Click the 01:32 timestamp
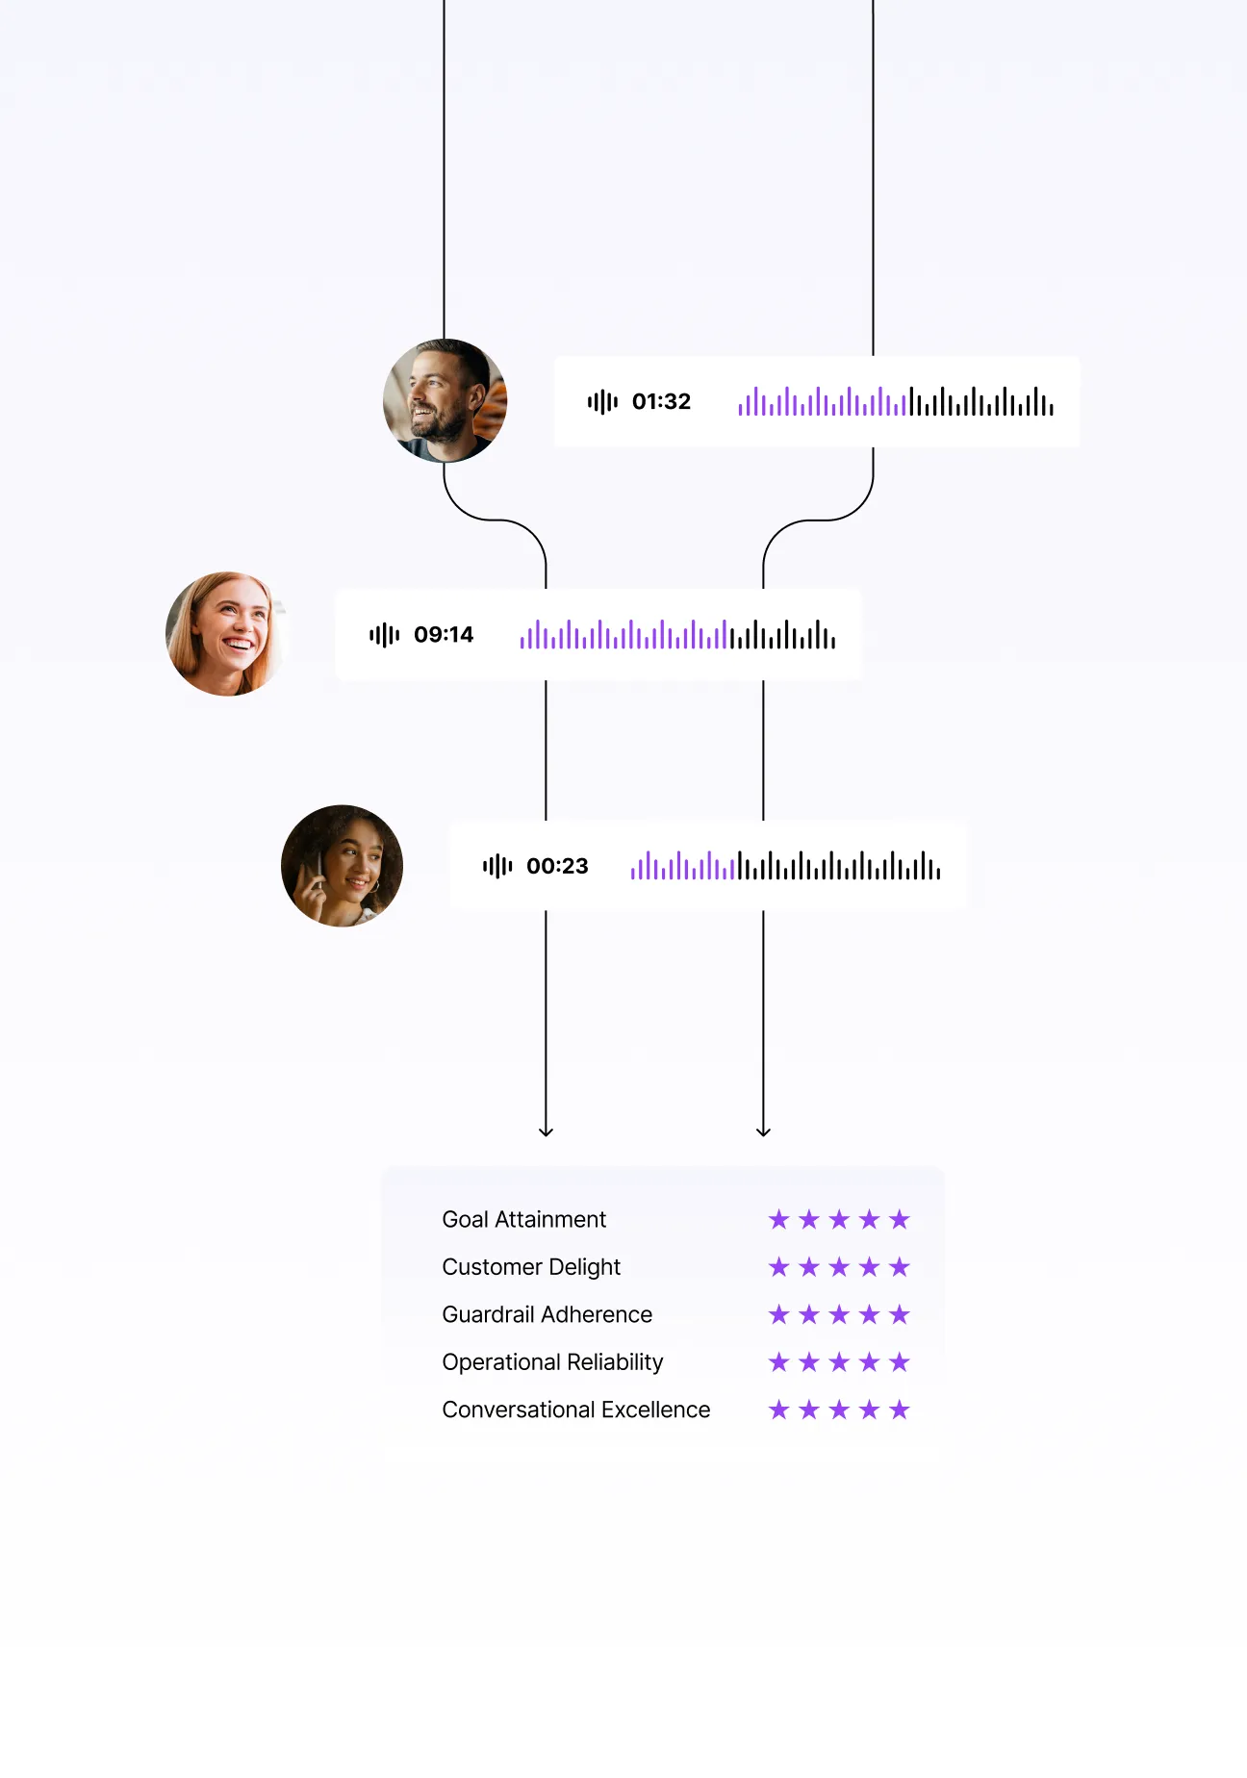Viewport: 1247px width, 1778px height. point(661,401)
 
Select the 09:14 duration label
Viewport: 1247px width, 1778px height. point(444,634)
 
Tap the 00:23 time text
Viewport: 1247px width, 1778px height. point(557,866)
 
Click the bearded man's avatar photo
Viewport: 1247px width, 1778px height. point(445,401)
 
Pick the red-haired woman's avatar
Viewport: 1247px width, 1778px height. point(226,634)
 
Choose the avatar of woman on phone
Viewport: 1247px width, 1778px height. point(342,866)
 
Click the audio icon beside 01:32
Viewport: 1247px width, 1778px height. point(602,401)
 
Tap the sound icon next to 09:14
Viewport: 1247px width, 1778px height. point(384,634)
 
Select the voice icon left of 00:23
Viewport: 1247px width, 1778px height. point(497,866)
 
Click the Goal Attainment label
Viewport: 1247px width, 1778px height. point(523,1219)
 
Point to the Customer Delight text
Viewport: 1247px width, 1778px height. point(531,1267)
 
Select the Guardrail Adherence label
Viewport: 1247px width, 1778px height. point(547,1314)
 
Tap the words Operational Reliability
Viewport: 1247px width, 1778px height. point(552,1362)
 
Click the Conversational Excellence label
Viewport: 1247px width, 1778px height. point(575,1410)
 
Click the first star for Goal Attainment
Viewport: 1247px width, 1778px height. point(779,1220)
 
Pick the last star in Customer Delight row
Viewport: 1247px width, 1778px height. point(900,1267)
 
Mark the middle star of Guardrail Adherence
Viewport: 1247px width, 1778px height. point(839,1314)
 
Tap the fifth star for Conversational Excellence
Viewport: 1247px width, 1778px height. point(900,1410)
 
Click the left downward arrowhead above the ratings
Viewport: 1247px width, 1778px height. point(546,1130)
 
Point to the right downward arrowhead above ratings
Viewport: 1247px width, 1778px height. point(763,1130)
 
